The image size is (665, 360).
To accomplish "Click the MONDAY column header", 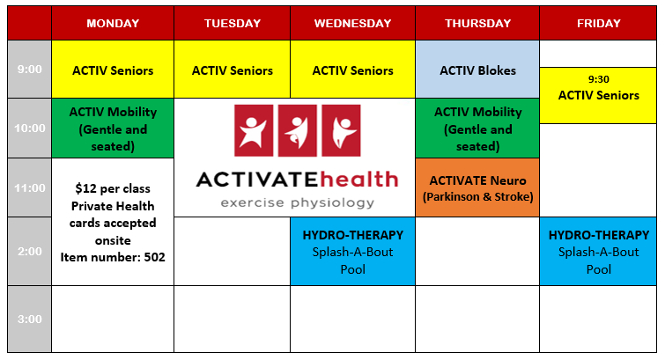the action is [113, 23].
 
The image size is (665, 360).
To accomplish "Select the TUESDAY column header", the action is [233, 23].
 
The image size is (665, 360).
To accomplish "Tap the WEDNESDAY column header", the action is [353, 23].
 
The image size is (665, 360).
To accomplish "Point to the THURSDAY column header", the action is [477, 23].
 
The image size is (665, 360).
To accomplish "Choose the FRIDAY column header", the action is [598, 23].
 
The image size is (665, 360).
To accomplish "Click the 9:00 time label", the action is [30, 70].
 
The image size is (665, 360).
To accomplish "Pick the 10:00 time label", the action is [30, 128].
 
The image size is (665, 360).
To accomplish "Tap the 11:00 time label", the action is [30, 187].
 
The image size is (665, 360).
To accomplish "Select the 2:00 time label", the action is [30, 252].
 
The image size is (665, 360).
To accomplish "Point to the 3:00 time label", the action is [30, 319].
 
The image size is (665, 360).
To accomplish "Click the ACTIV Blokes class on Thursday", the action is [477, 70].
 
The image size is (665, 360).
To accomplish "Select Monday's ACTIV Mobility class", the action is [113, 129].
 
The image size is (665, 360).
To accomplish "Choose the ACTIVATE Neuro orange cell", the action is [477, 187].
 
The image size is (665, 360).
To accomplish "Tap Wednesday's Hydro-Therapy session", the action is [353, 252].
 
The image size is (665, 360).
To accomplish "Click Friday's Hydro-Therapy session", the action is [598, 252].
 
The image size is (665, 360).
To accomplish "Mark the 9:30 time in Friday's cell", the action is [598, 79].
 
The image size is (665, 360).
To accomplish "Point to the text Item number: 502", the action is [113, 257].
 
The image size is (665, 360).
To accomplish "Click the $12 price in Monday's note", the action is [84, 188].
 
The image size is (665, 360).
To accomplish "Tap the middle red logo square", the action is [298, 130].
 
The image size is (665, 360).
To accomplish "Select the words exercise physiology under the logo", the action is [298, 203].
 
